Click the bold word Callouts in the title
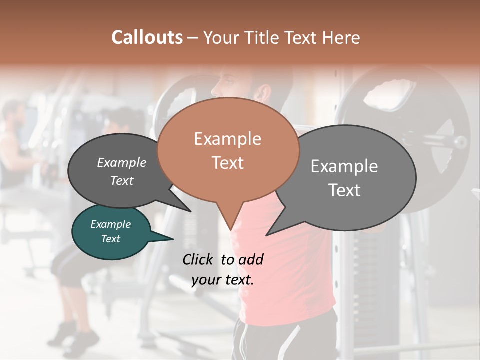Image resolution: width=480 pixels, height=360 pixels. click(x=147, y=37)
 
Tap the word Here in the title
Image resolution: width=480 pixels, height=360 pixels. click(x=341, y=37)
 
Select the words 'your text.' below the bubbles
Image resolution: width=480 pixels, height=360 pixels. click(x=223, y=280)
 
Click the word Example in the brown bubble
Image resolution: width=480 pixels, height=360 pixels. click(x=227, y=139)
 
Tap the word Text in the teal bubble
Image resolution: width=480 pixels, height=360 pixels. click(x=111, y=239)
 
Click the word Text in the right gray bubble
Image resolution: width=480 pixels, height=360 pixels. click(x=344, y=190)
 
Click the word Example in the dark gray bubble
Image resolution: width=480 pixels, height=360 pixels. click(x=121, y=162)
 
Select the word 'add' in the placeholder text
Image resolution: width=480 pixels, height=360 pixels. click(x=251, y=259)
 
